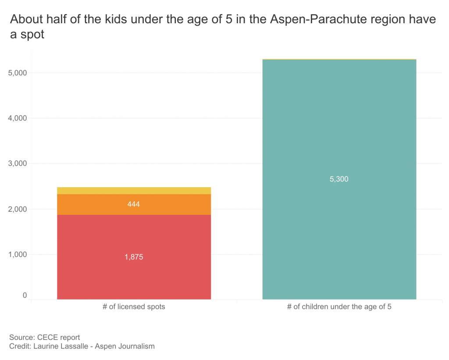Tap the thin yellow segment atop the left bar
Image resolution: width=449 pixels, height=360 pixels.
point(134,191)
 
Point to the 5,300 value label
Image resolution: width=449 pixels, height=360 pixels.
point(339,179)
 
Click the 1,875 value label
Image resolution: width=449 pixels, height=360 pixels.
point(134,257)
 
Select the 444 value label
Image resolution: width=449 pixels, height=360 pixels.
point(134,204)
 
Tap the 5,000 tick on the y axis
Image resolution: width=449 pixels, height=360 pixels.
point(18,73)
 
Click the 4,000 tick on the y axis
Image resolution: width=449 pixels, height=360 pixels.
point(18,118)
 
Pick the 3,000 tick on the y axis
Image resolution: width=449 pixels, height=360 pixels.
point(18,164)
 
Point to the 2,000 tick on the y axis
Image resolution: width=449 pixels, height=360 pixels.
point(18,209)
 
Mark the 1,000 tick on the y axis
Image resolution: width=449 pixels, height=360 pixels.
point(18,254)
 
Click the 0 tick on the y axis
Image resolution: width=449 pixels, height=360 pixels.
point(25,296)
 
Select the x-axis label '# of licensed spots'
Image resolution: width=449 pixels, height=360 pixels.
point(134,307)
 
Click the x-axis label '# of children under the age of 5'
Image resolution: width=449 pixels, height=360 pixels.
point(339,307)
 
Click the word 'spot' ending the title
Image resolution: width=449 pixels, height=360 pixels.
point(32,35)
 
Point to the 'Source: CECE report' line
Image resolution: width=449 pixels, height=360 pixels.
point(45,338)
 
